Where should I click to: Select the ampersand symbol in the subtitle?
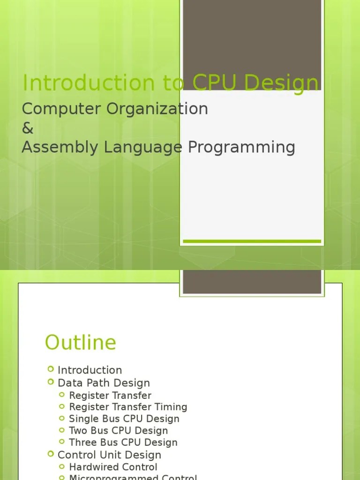pos(28,128)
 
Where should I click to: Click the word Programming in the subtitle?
pos(241,147)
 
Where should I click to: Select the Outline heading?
pos(80,342)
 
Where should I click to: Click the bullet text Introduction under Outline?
pos(90,370)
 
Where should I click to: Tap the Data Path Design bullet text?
pos(104,382)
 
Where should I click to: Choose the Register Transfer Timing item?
pos(128,407)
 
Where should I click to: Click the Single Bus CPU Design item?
pos(124,419)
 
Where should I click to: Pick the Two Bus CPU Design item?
pos(118,430)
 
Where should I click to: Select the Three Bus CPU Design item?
pos(123,442)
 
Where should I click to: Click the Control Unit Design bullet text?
pos(109,455)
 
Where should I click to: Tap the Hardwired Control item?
pos(113,467)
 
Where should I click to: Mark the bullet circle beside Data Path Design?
pos(51,382)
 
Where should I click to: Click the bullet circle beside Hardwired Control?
pos(63,466)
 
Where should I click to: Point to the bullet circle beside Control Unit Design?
pos(51,454)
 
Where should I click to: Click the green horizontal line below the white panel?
pos(252,241)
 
